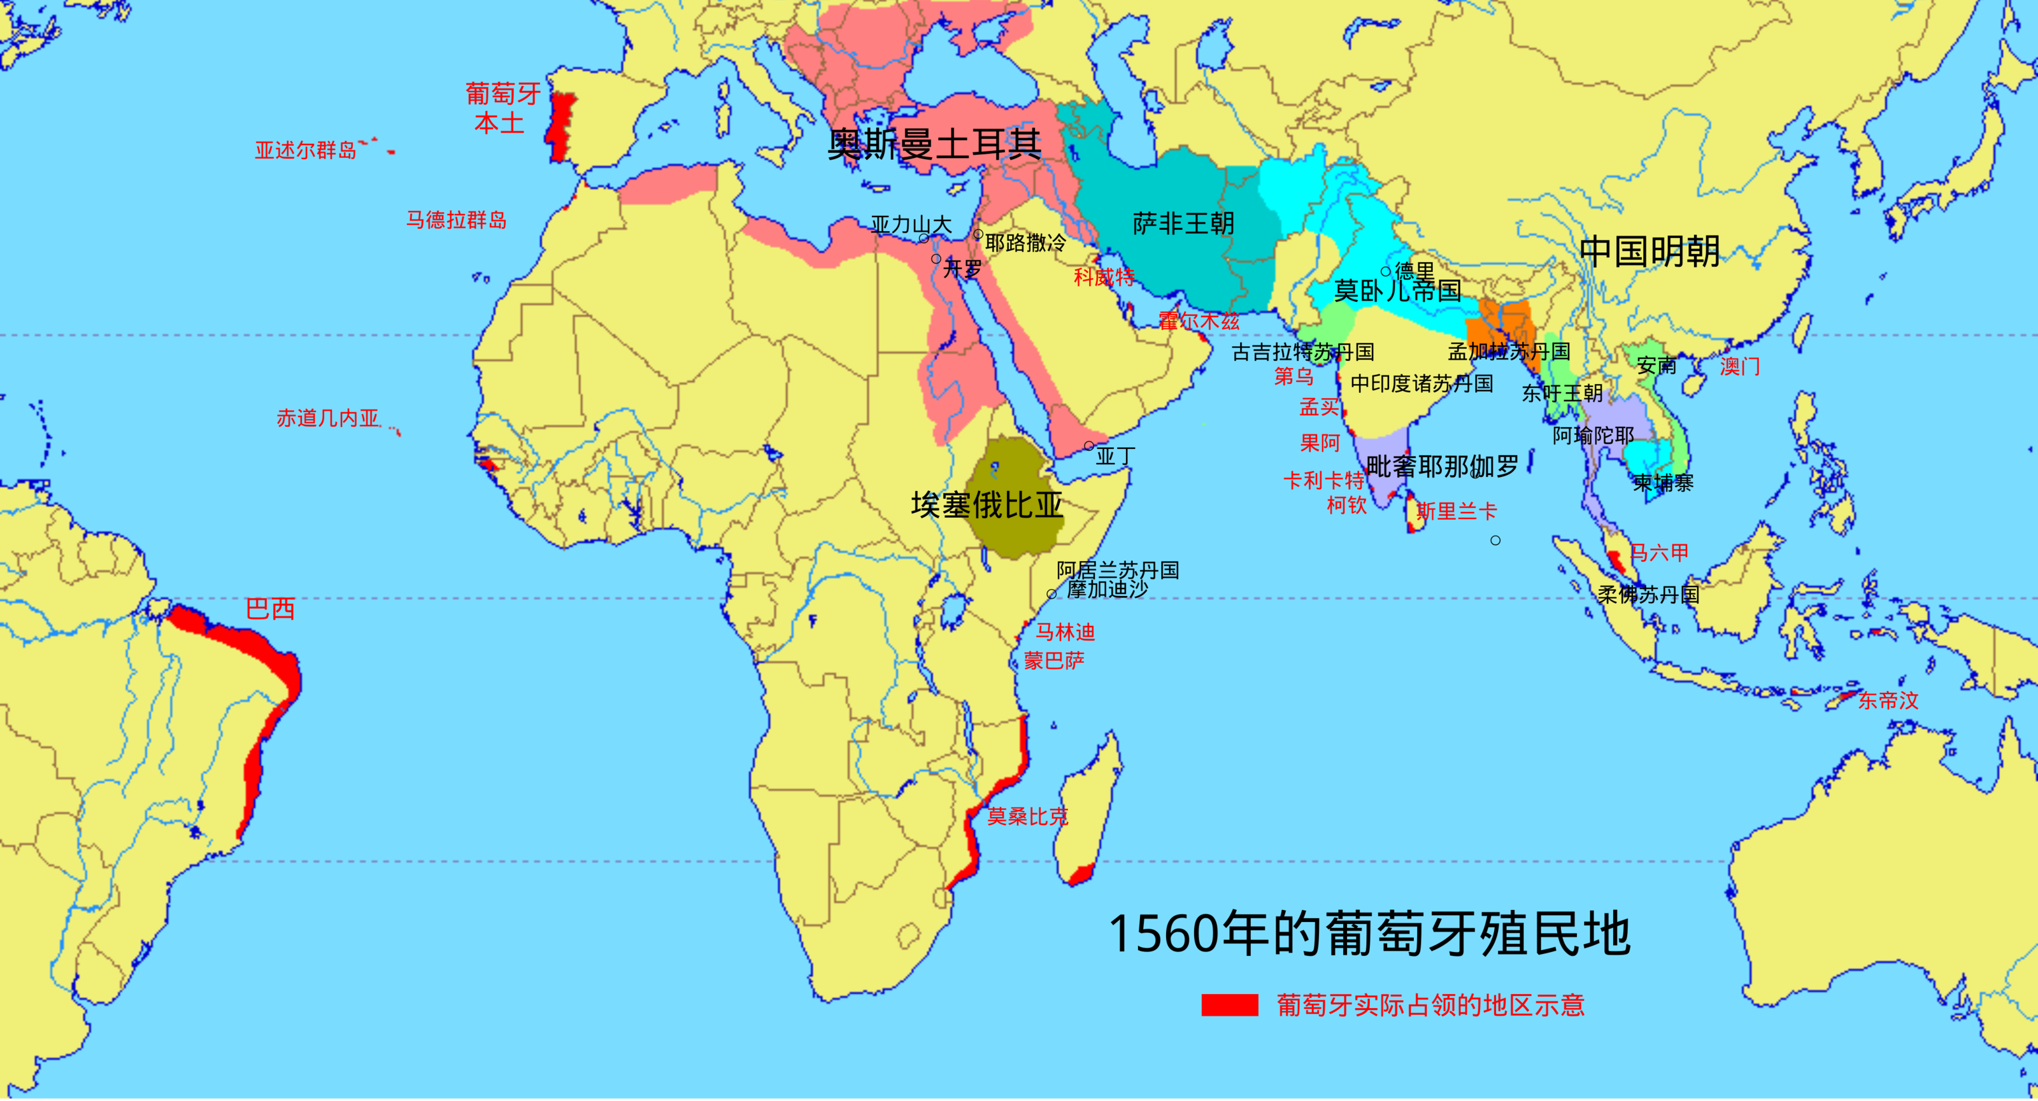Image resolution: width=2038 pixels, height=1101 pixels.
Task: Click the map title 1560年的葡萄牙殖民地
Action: [x=1369, y=934]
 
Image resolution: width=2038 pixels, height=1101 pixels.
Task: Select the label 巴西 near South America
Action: [x=271, y=609]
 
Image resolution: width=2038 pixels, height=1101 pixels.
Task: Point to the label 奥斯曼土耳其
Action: [x=934, y=145]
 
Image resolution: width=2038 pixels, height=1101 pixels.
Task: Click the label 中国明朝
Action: [x=1650, y=252]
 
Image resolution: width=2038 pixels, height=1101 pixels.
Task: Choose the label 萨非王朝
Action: [x=1183, y=224]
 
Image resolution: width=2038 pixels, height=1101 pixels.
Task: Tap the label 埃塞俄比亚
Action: [x=987, y=504]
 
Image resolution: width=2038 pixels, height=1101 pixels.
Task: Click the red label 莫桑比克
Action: [x=1027, y=816]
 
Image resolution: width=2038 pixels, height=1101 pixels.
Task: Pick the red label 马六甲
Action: [x=1660, y=553]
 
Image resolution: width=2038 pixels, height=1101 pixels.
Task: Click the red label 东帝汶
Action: [x=1888, y=700]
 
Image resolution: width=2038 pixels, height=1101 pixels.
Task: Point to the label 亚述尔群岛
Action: [x=306, y=150]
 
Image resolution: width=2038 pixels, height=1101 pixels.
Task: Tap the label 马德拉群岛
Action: [x=457, y=220]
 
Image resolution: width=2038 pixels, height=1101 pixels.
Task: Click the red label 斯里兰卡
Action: [x=1457, y=511]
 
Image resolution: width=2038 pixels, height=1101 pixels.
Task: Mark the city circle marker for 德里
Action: [x=1385, y=272]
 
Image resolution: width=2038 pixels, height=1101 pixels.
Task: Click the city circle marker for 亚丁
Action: [x=1088, y=446]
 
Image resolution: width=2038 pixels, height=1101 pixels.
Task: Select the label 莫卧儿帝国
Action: [x=1397, y=291]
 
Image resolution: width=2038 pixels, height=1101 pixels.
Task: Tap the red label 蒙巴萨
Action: [x=1054, y=661]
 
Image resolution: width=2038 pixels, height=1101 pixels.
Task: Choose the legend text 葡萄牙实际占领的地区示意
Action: [x=1430, y=1005]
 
